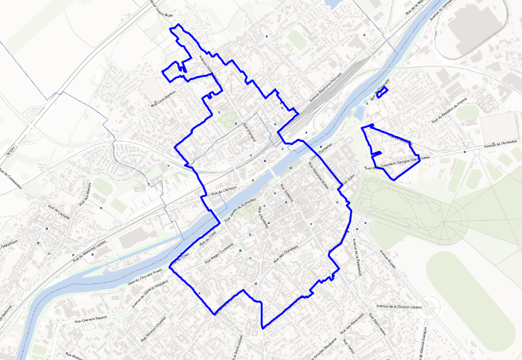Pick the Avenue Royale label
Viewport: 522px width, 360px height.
click(389, 259)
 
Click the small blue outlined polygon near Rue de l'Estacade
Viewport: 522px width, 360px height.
click(381, 93)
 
